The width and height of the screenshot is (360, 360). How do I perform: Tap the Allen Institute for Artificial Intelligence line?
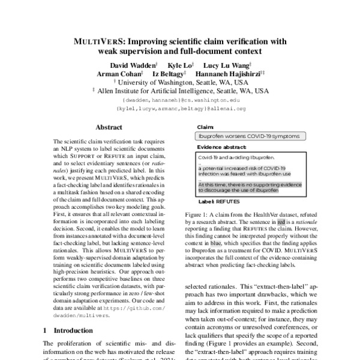[179, 91]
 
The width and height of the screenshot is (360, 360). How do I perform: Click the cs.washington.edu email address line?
[179, 100]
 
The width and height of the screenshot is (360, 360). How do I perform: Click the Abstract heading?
[109, 128]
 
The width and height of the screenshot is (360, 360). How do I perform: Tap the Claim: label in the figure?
[205, 128]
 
